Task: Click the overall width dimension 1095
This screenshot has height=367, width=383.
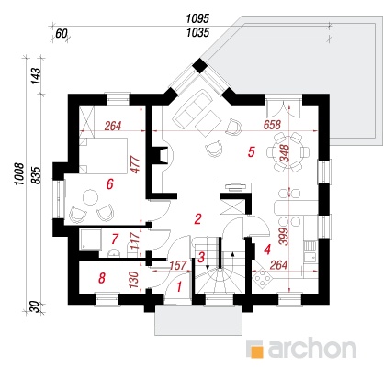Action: (x=197, y=18)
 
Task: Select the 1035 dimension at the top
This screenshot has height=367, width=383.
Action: (x=197, y=32)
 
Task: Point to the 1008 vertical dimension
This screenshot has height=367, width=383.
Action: (x=19, y=174)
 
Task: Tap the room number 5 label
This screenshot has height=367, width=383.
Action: (x=252, y=152)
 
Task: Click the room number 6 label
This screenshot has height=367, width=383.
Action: (x=109, y=184)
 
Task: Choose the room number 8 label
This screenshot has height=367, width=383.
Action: (x=102, y=278)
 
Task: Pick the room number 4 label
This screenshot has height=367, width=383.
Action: (x=267, y=250)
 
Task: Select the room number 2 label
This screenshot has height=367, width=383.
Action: (x=197, y=219)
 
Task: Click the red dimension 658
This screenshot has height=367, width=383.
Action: (x=272, y=125)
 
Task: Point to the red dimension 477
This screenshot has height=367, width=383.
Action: (x=135, y=164)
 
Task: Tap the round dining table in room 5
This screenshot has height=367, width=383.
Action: (x=287, y=152)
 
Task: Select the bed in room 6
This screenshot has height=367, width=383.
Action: (x=103, y=156)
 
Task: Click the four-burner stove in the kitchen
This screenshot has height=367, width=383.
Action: (x=262, y=277)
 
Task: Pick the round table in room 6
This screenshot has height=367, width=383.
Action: (x=91, y=198)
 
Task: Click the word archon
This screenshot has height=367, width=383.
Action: (x=312, y=348)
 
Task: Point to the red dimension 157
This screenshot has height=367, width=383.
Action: (x=178, y=265)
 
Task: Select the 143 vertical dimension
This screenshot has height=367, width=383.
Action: (x=36, y=75)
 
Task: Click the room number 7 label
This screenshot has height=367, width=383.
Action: (x=115, y=239)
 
